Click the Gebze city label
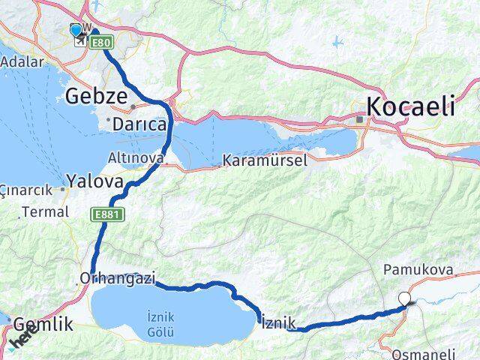click(x=92, y=95)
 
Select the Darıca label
click(x=139, y=124)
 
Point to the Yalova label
click(x=94, y=181)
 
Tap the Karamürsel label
click(x=254, y=160)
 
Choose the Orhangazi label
click(x=116, y=279)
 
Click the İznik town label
click(x=279, y=323)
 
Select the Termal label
click(x=46, y=212)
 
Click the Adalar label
click(x=22, y=61)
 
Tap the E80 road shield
click(x=100, y=44)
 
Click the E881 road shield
click(x=106, y=215)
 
